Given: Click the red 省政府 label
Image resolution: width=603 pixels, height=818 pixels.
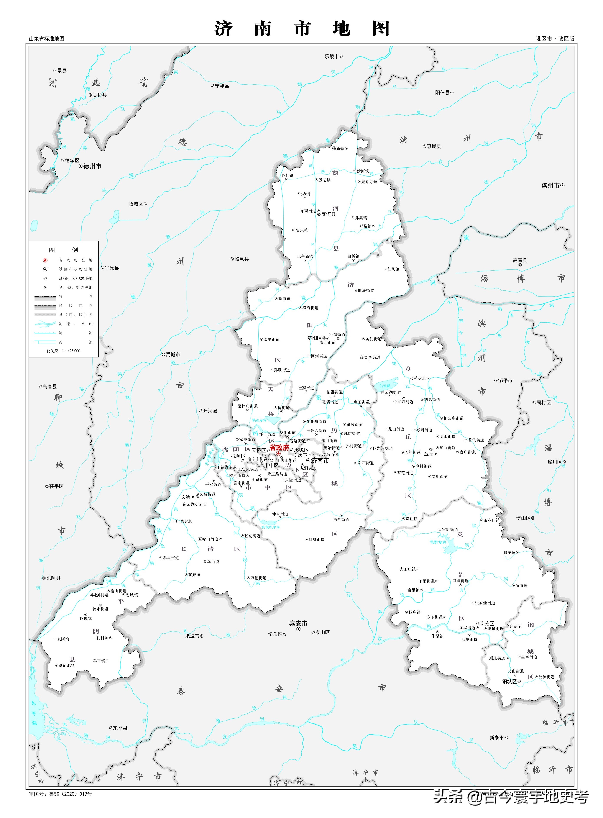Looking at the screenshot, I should tap(279, 447).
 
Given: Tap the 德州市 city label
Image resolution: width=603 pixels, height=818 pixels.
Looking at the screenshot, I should tap(92, 166).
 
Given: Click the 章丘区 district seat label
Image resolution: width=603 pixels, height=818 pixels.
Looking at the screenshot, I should tap(431, 454).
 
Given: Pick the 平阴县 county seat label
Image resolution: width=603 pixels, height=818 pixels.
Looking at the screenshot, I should tap(97, 595).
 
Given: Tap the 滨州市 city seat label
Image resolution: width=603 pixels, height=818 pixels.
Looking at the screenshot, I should tap(550, 185).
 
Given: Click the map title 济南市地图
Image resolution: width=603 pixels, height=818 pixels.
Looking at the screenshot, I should tap(302, 28).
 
